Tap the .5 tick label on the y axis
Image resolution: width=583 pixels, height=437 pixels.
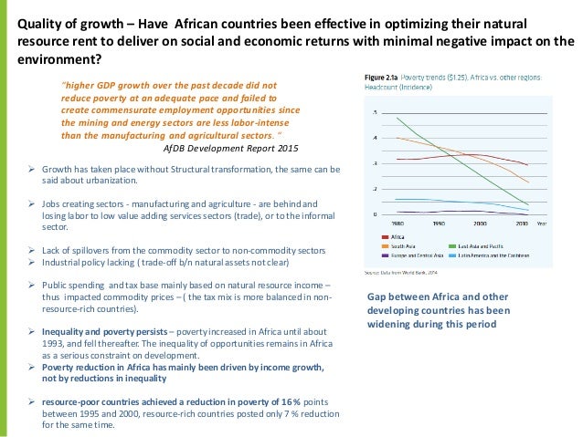coord(375,112)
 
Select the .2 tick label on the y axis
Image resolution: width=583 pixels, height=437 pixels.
coord(375,189)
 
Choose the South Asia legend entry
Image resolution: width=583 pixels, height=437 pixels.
coord(403,245)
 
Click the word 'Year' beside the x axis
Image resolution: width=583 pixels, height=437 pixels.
coord(542,222)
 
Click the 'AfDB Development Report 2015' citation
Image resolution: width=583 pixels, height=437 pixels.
coord(229,147)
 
